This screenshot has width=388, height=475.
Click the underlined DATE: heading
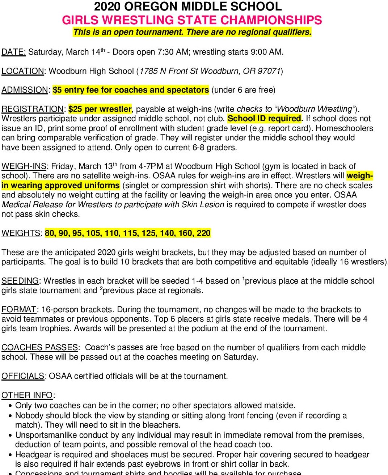[x=13, y=52]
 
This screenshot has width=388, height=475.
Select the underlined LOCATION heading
[x=22, y=71]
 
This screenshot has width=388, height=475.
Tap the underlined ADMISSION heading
[x=25, y=90]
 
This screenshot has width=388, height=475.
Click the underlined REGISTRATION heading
[x=32, y=109]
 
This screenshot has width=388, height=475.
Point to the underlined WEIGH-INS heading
[x=24, y=166]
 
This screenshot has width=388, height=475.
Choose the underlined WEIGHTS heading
[x=21, y=233]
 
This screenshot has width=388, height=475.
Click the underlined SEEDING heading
[x=20, y=281]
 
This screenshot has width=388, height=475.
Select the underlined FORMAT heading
[x=19, y=310]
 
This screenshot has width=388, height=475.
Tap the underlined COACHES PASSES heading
[x=39, y=348]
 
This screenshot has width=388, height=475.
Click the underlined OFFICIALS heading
[x=23, y=376]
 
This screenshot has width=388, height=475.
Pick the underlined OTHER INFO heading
[x=27, y=395]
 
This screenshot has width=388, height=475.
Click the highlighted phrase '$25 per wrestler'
[x=100, y=109]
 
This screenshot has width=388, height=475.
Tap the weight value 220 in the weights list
[x=203, y=233]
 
